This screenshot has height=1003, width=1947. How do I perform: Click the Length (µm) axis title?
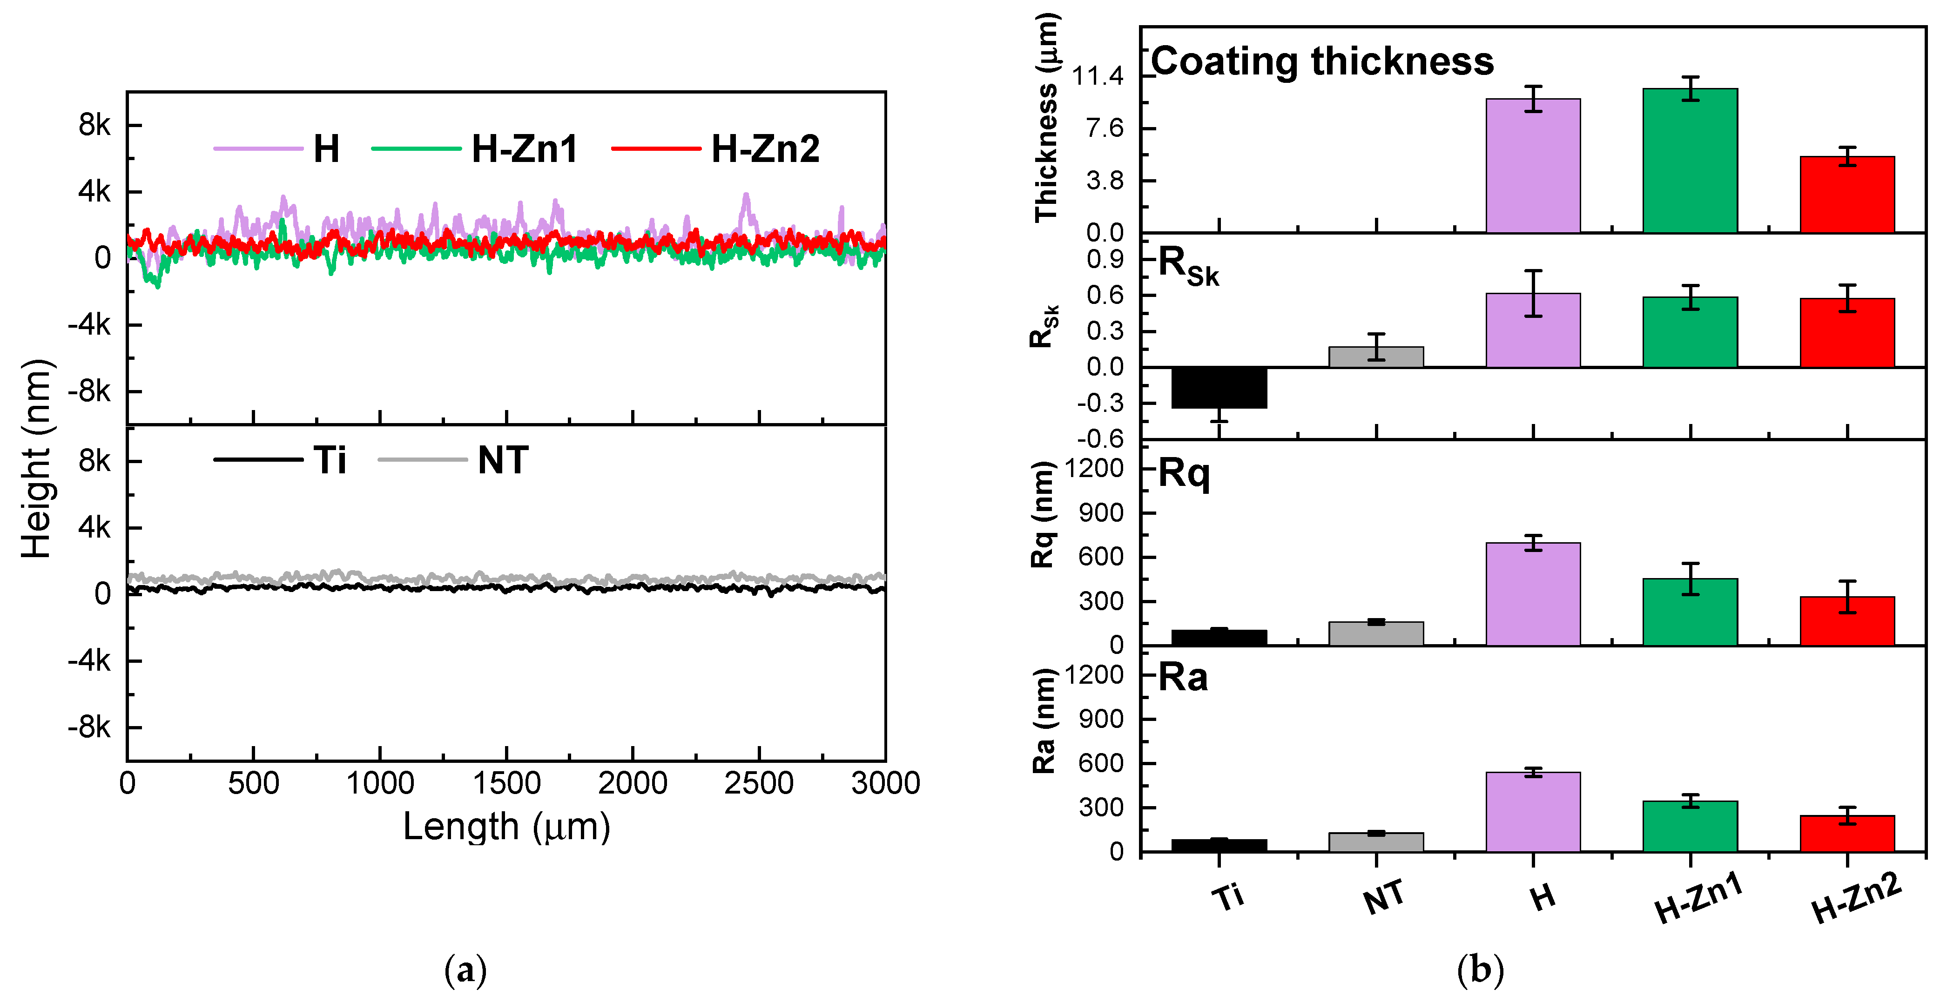click(x=506, y=826)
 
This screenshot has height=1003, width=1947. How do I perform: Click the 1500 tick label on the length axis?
click(x=506, y=783)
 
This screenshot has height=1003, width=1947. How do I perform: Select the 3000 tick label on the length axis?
click(x=885, y=783)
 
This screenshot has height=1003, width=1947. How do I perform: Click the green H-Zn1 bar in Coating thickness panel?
click(x=1690, y=161)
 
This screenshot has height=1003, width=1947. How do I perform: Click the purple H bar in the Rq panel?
click(x=1533, y=594)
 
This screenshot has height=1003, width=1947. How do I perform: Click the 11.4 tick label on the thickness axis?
click(x=1098, y=75)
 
